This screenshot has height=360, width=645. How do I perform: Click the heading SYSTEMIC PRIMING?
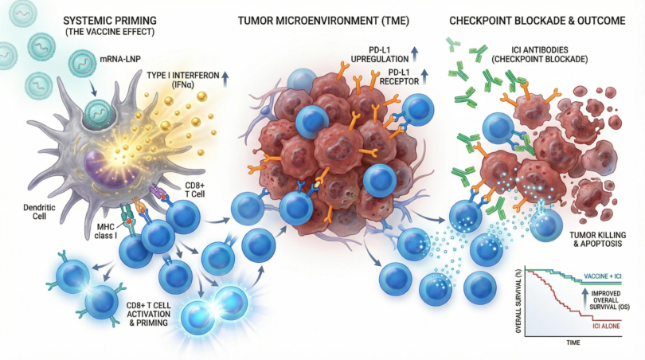pos(110,21)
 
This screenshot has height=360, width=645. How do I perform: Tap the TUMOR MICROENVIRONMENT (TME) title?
pos(323,21)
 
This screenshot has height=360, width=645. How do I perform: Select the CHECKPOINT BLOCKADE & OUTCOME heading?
pos(537,21)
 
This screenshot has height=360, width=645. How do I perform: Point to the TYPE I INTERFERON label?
pos(182,76)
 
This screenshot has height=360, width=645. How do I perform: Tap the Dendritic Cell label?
pos(39,212)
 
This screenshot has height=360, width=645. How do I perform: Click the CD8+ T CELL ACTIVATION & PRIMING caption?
pos(148,314)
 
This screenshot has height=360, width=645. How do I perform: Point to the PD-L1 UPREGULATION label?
pos(380,55)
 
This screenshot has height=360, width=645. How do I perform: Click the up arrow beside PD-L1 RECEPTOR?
pos(425,76)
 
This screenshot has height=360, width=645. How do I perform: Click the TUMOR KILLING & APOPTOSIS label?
pos(598,240)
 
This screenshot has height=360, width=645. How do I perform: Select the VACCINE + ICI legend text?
pos(603,276)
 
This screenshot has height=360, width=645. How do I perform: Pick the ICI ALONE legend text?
pos(606,327)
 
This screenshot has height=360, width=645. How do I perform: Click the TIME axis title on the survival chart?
pos(573,342)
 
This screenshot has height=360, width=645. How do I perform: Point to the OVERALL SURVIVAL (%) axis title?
pos(518,302)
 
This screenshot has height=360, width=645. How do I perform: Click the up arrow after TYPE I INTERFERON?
pos(225,77)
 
